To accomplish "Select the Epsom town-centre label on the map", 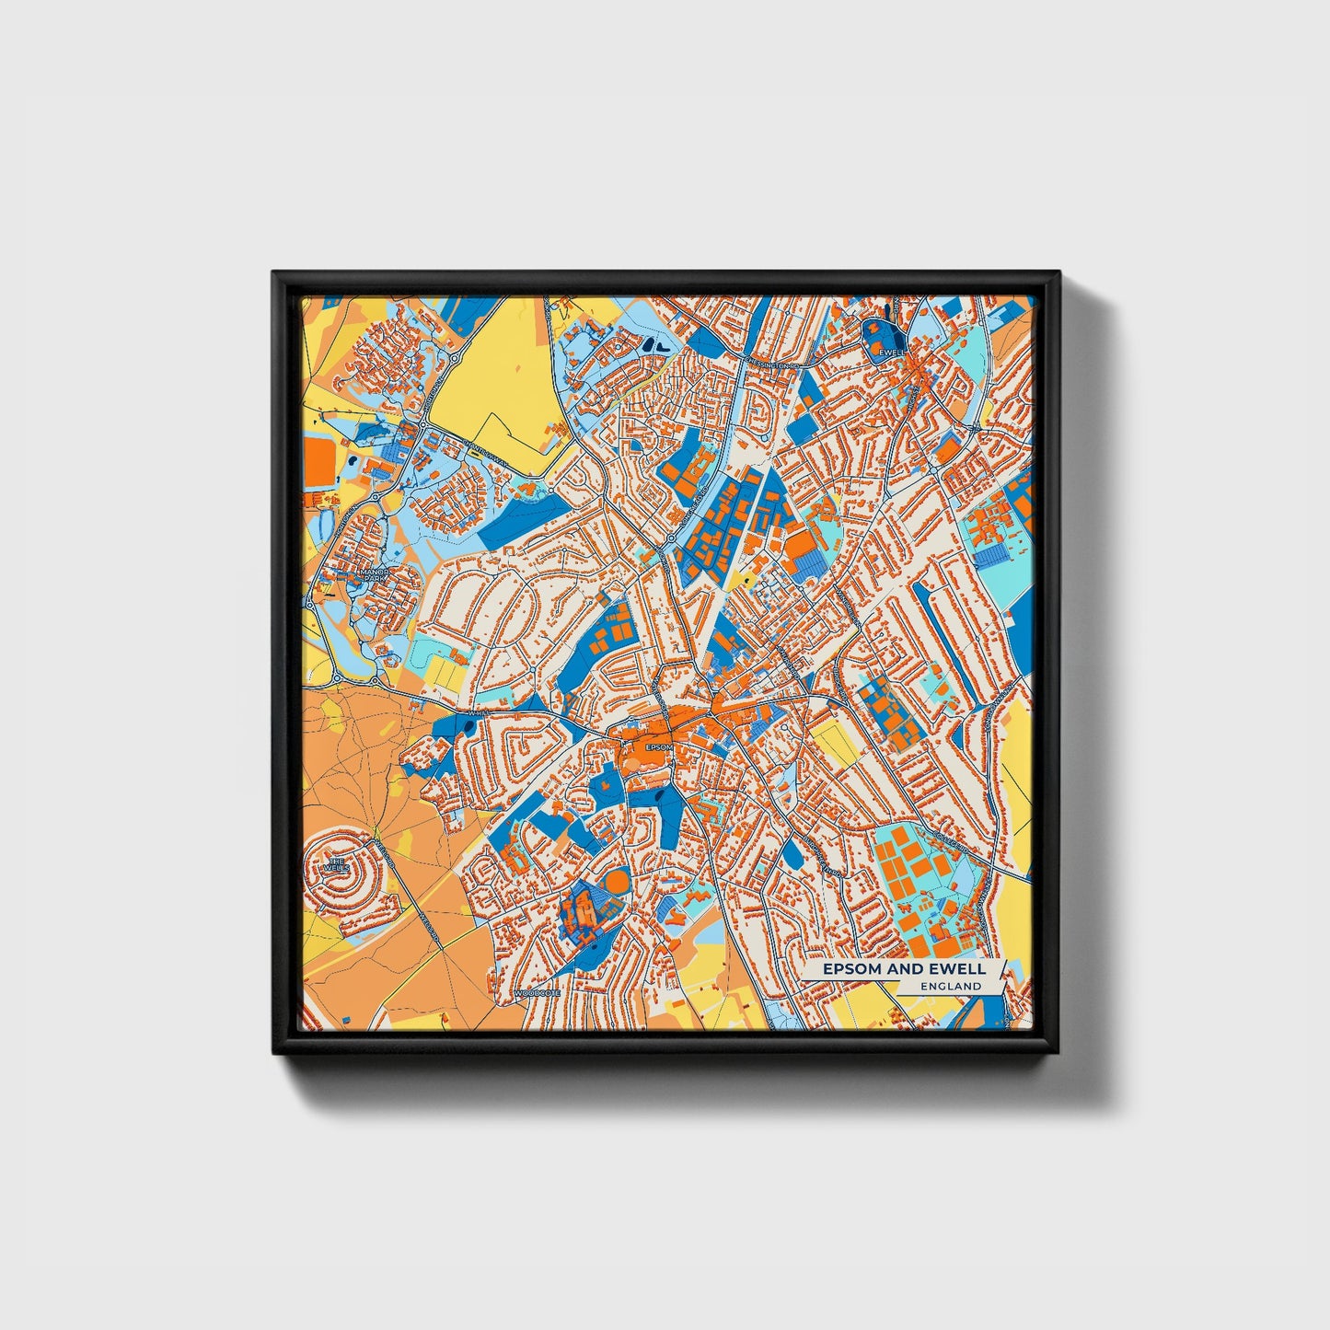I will click(x=658, y=746).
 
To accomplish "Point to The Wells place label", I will click(x=336, y=865).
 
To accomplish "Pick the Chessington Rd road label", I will click(x=771, y=364).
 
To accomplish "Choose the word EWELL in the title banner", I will click(x=962, y=969).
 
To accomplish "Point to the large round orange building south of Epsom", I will click(x=618, y=885).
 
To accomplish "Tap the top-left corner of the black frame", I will click(x=273, y=272).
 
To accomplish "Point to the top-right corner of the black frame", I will click(x=1058, y=272).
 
